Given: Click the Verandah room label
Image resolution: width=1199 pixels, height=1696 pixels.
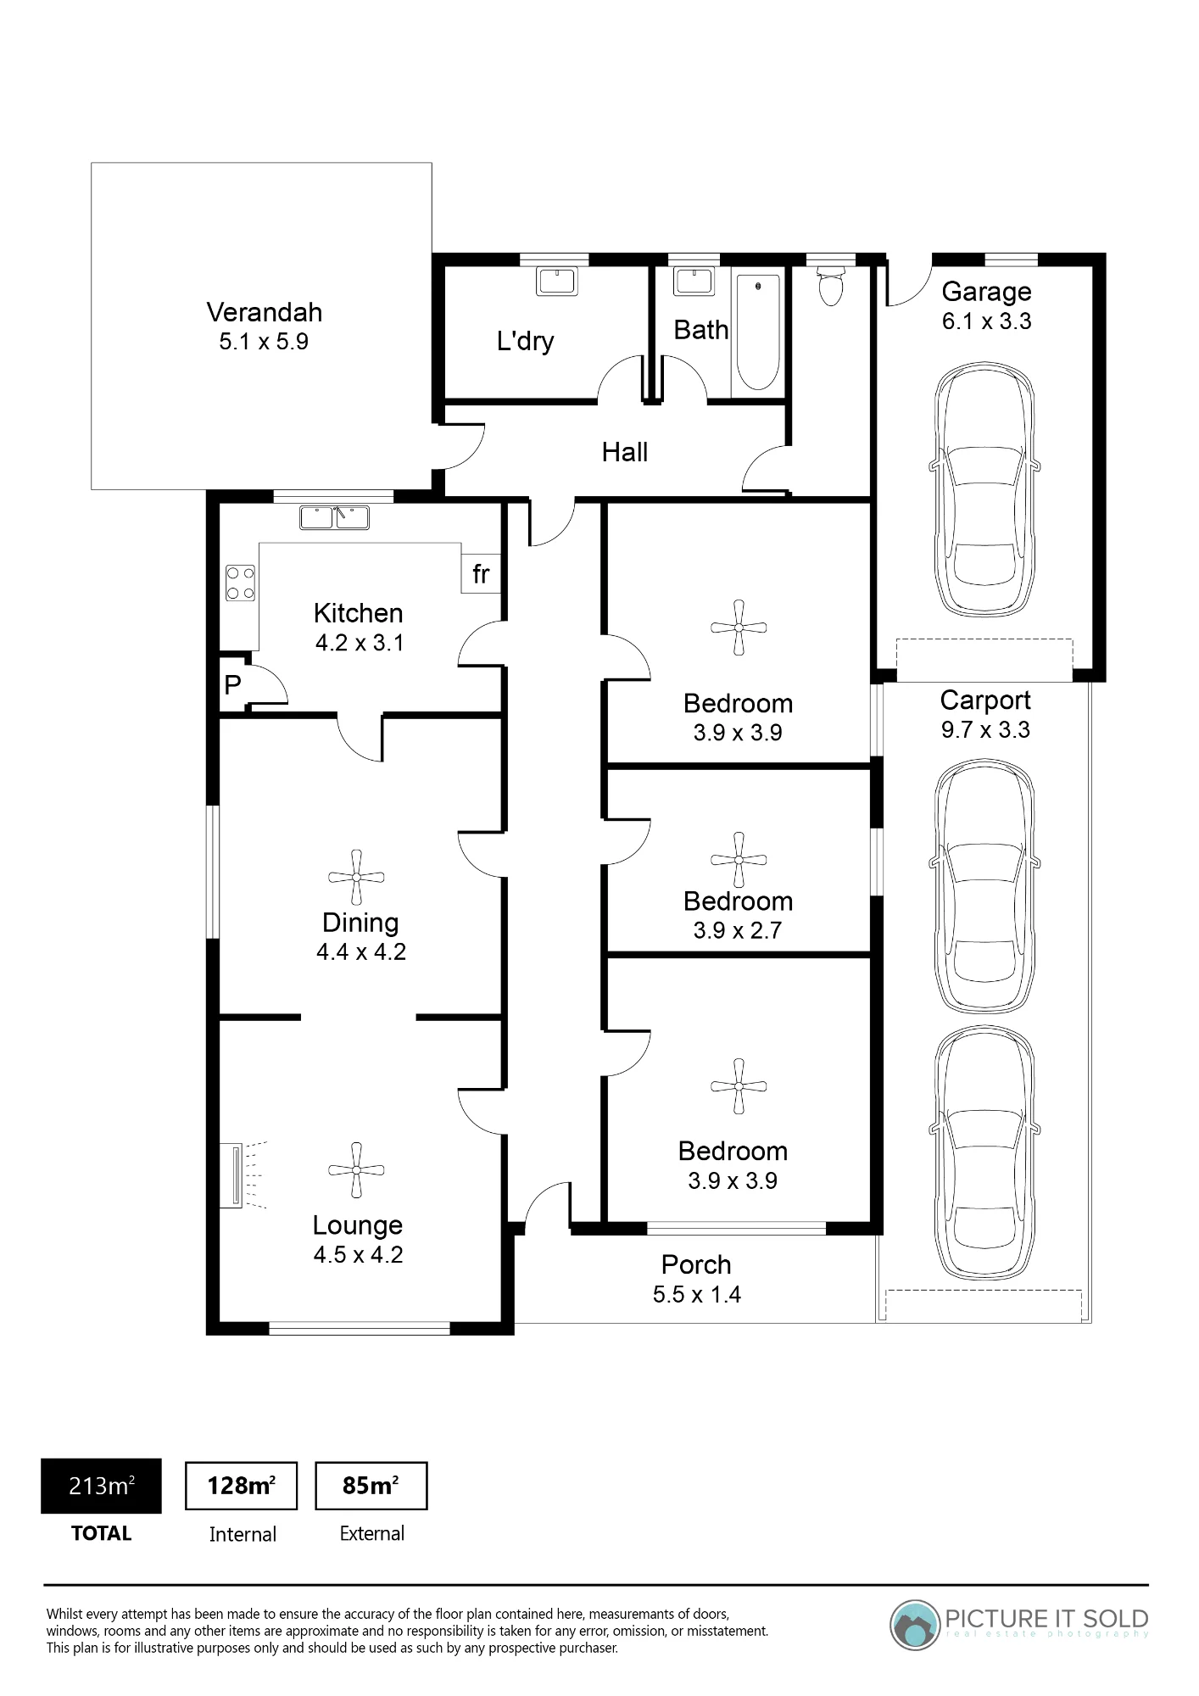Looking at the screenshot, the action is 265,312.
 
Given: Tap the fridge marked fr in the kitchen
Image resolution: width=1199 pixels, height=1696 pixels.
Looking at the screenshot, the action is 481,574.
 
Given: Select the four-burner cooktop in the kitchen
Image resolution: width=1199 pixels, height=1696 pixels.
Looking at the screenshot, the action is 240,583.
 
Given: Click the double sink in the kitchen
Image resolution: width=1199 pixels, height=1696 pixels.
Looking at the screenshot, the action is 334,517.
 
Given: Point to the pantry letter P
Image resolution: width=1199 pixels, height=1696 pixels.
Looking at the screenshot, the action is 232,684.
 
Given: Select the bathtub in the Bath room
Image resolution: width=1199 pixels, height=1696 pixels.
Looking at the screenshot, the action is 757,333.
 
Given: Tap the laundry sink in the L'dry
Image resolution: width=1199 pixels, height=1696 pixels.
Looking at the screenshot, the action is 557,281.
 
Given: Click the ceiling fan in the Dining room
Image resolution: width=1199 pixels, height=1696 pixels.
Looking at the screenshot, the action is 356,877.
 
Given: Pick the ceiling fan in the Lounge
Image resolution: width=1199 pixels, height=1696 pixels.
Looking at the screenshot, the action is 356,1170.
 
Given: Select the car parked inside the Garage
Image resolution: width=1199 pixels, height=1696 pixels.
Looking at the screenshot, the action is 985,489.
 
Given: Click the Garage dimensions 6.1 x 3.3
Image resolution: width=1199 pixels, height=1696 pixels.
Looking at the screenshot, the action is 987,321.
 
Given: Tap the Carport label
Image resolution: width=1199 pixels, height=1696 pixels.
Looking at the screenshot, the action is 985,700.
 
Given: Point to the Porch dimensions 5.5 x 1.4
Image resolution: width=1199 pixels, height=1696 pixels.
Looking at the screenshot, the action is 697,1295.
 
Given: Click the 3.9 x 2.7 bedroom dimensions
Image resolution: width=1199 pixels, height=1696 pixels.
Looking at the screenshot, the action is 738,930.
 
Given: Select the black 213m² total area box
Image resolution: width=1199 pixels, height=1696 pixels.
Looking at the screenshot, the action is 101,1486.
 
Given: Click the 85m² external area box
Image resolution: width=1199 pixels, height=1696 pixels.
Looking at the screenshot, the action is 371,1486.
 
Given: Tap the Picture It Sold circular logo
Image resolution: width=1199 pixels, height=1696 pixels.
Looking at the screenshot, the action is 916,1626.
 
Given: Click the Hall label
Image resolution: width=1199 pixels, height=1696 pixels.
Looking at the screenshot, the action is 625,452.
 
